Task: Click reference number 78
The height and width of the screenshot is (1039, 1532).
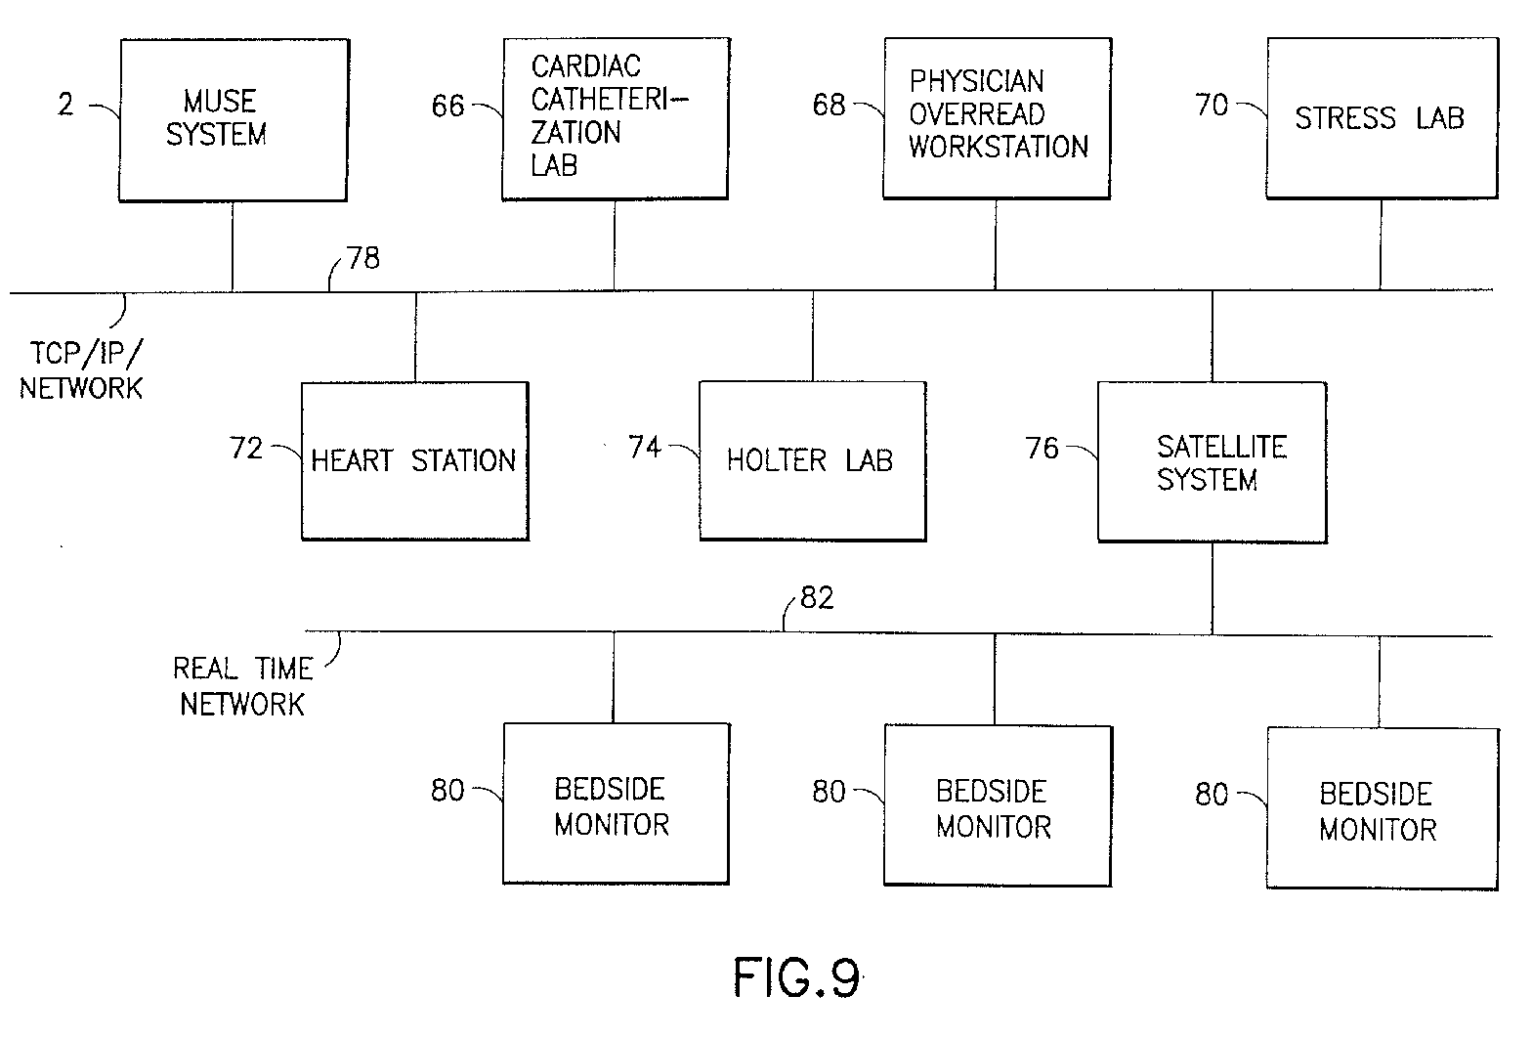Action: point(363,259)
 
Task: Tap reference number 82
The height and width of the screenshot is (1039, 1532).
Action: point(817,598)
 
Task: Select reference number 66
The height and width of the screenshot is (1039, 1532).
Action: point(447,106)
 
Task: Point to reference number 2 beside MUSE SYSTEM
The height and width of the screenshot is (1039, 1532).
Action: point(65,105)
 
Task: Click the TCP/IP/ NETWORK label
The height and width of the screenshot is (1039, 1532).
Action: point(81,370)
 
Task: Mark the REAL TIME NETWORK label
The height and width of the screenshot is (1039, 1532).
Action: point(242,686)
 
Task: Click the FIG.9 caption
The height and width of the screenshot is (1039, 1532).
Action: point(797,977)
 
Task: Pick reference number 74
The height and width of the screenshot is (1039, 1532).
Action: point(644,448)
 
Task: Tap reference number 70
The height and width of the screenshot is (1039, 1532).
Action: point(1212,106)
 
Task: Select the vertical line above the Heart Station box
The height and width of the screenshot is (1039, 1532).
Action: point(416,336)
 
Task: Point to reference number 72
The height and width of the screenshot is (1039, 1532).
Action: point(246,448)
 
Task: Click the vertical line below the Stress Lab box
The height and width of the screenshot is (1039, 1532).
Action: point(1381,245)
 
